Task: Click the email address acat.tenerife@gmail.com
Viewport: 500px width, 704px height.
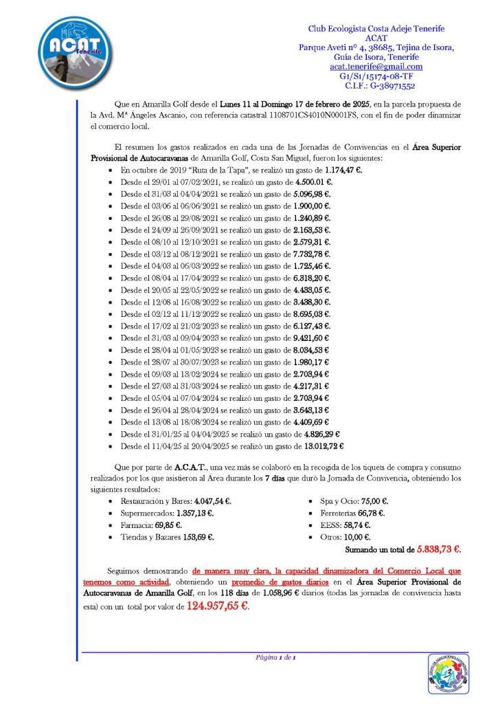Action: [376, 67]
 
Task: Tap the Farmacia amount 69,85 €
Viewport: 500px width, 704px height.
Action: [164, 525]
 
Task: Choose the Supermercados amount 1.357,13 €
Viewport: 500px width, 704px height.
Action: [193, 513]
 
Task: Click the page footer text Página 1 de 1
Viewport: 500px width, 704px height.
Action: [275, 658]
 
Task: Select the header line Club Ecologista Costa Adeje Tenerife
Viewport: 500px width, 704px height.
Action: [375, 28]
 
